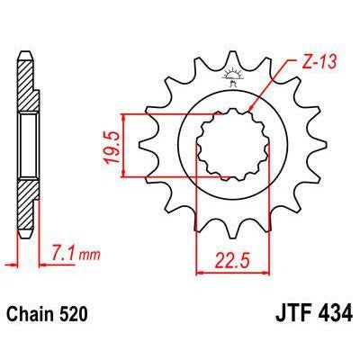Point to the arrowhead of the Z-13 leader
pos(249,114)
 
